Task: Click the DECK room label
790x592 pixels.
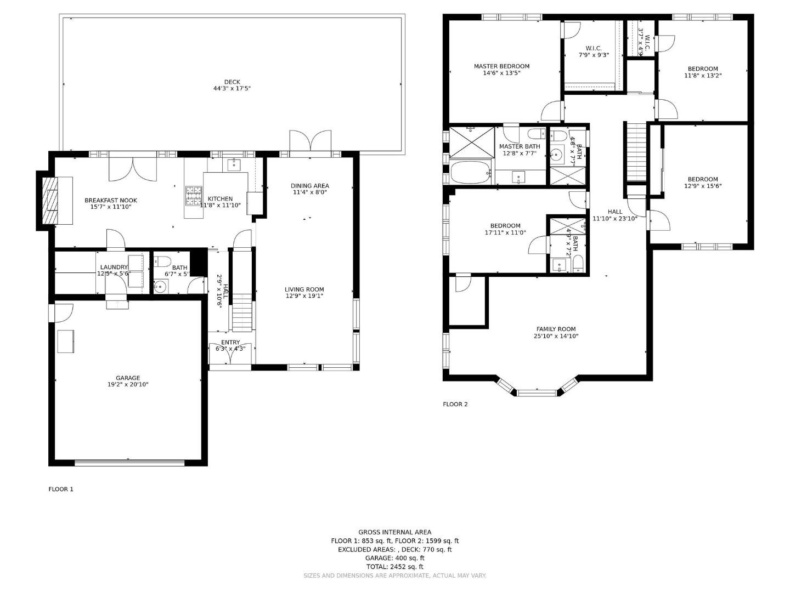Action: [x=232, y=82]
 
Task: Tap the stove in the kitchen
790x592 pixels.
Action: [x=194, y=196]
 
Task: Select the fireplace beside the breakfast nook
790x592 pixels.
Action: [x=50, y=201]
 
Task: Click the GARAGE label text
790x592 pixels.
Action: [x=128, y=378]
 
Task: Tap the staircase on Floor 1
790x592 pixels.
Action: [x=241, y=312]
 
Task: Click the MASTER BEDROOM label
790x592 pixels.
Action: [x=501, y=66]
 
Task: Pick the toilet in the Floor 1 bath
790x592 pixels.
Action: [x=163, y=261]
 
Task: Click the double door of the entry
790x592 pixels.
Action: [x=230, y=355]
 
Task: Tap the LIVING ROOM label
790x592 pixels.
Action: [x=304, y=289]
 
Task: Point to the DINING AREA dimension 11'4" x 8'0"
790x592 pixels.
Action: [x=309, y=192]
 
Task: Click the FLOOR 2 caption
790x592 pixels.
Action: [x=455, y=405]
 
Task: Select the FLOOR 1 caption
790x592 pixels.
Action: [x=61, y=489]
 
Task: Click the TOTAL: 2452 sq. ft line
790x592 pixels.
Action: [x=394, y=567]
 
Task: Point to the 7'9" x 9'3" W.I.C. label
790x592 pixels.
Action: [x=593, y=55]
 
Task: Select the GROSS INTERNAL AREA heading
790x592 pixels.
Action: [x=394, y=532]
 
